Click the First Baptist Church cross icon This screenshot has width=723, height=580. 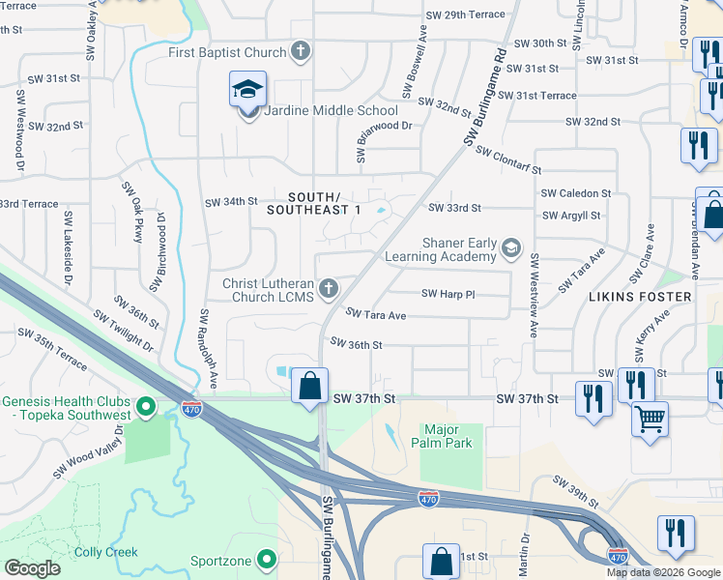click(301, 52)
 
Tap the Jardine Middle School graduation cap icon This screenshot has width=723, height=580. click(248, 90)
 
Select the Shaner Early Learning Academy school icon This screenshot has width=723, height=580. click(511, 250)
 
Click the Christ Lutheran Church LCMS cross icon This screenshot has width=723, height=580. click(329, 289)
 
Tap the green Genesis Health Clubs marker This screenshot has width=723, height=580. click(146, 408)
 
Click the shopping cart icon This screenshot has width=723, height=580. click(650, 420)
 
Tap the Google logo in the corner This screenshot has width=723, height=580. click(32, 568)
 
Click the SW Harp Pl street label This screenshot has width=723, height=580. click(448, 294)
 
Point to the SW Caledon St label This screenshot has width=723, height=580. click(576, 194)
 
